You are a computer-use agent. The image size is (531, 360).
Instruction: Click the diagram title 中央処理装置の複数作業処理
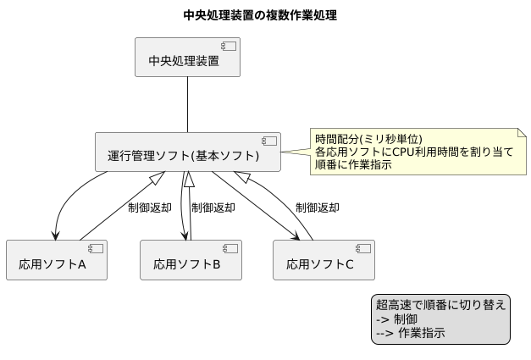tap(265, 14)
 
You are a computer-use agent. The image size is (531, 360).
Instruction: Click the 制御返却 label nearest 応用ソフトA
tap(150, 208)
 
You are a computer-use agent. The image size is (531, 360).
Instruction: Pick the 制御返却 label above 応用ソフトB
tap(213, 208)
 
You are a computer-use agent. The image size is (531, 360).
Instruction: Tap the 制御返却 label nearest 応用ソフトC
tap(318, 208)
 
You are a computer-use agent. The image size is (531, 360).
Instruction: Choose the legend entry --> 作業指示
tap(410, 334)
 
